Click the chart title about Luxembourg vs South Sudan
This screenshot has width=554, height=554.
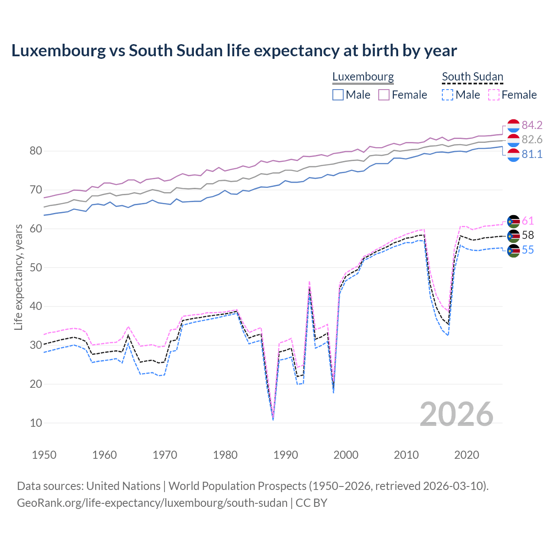click(234, 51)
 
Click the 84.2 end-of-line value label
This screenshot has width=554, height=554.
click(532, 125)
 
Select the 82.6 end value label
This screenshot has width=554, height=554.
click(532, 139)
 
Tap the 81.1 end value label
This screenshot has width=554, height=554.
click(532, 154)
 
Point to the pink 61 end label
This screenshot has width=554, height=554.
click(528, 221)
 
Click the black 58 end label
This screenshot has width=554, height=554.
click(528, 235)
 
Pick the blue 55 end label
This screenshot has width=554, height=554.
click(528, 250)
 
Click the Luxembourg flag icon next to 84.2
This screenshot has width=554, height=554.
click(513, 126)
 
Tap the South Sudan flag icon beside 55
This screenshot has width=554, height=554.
click(513, 250)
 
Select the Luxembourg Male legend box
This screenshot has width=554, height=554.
click(338, 95)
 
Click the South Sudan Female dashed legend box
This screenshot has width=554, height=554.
click(494, 95)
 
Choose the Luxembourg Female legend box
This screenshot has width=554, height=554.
click(384, 95)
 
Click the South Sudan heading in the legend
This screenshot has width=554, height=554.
click(472, 77)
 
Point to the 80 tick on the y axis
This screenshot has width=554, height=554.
click(36, 151)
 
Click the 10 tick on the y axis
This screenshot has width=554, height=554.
click(36, 423)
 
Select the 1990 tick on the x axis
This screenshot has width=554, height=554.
click(286, 455)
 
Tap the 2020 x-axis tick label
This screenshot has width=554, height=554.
click(467, 455)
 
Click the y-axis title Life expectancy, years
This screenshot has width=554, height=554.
click(18, 277)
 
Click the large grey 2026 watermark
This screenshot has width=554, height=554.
click(456, 414)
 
